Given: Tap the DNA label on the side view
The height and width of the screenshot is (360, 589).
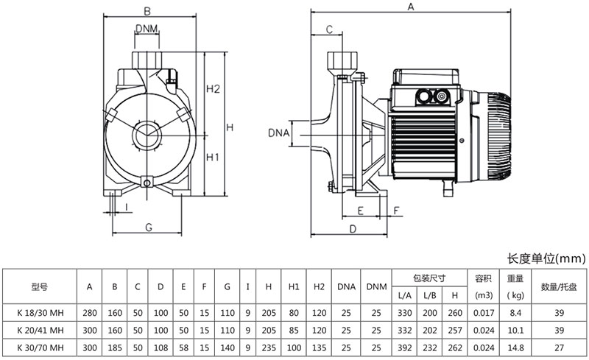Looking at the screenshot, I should (x=278, y=133).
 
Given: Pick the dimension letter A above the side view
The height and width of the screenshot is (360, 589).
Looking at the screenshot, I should (x=411, y=7).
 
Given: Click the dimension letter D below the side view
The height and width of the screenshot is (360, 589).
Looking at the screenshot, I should (x=353, y=229).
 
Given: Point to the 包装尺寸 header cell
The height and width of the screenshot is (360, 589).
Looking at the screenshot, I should (x=428, y=278).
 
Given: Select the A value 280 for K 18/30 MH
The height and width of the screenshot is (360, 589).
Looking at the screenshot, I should (x=90, y=311).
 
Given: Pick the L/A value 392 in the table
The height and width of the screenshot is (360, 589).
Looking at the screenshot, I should (x=404, y=347).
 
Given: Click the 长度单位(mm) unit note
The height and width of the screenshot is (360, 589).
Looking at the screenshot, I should (x=546, y=258).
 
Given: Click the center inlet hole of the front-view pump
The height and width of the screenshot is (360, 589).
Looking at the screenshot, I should (x=147, y=135).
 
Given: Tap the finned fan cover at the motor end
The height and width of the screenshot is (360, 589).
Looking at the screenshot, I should (x=499, y=138).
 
